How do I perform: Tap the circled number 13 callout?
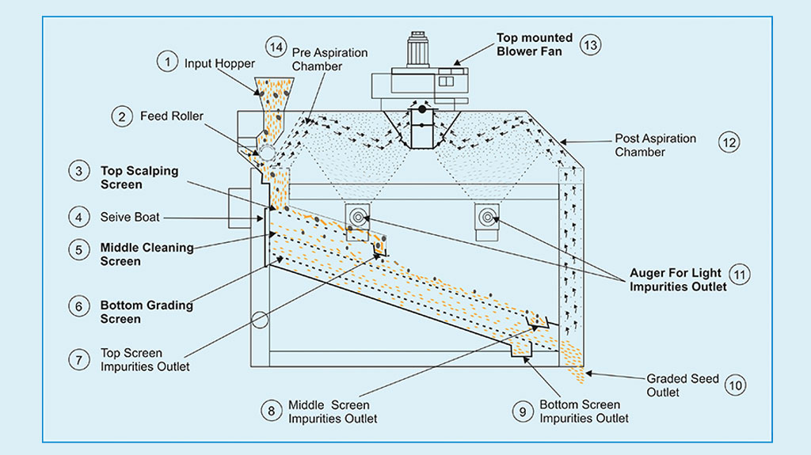[x=589, y=44]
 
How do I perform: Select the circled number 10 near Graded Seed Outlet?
[x=736, y=385]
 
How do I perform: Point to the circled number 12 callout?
[x=728, y=143]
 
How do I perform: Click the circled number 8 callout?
[x=272, y=411]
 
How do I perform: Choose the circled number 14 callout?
[x=275, y=47]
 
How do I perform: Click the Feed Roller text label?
[x=172, y=116]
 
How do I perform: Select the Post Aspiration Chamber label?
[x=655, y=145]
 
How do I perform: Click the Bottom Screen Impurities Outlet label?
[x=584, y=411]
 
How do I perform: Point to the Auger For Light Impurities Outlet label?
[x=678, y=280]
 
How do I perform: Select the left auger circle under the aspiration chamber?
[x=360, y=216]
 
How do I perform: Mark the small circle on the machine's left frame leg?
[x=258, y=320]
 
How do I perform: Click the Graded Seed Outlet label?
[x=682, y=385]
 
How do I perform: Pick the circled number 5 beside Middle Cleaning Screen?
[x=79, y=250]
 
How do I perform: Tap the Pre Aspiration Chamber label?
[x=329, y=59]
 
